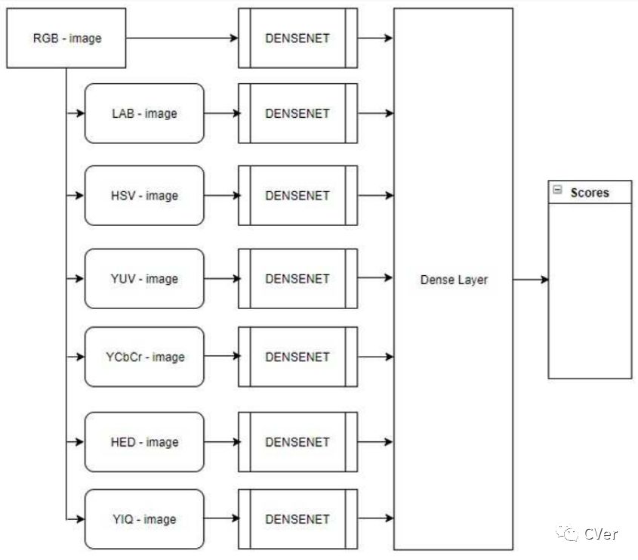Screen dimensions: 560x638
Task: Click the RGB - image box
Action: click(x=66, y=38)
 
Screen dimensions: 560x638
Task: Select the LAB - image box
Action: click(x=144, y=113)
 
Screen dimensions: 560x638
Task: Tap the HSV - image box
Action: click(x=144, y=196)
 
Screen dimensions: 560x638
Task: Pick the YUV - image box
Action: click(x=144, y=279)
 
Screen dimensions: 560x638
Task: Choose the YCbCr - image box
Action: click(x=144, y=357)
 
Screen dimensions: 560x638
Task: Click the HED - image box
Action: click(x=144, y=442)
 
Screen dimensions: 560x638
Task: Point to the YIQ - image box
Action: click(x=144, y=519)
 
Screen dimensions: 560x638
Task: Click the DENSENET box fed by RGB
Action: click(x=297, y=38)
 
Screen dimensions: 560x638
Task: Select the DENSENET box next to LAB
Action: click(x=297, y=113)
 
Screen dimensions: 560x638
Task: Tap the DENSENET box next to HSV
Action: click(x=297, y=196)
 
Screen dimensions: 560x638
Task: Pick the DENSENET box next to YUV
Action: click(x=297, y=279)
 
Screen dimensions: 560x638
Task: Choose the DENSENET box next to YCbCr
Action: click(x=297, y=357)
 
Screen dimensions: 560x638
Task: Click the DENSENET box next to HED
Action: click(x=297, y=442)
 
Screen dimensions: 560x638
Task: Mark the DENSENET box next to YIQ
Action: click(x=297, y=519)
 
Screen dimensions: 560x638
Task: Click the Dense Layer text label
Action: click(x=454, y=280)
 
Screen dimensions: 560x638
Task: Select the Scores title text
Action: click(x=590, y=193)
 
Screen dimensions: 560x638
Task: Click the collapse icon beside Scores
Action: click(x=557, y=191)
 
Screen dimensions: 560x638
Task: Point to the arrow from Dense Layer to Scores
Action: click(x=531, y=280)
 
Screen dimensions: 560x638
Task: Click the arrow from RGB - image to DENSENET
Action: click(x=181, y=38)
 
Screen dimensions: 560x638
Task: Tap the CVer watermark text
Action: click(x=601, y=534)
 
